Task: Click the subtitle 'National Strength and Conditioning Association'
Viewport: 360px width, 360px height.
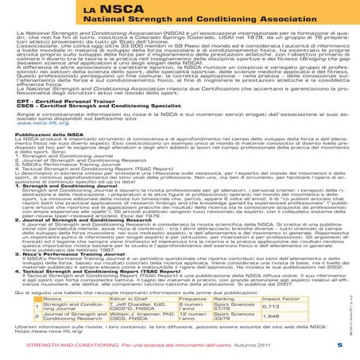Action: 175,23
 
